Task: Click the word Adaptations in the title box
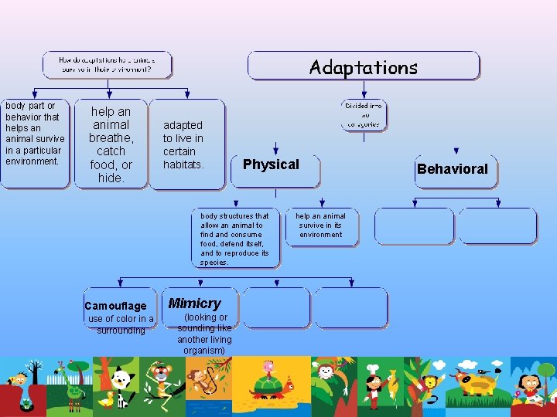[363, 67]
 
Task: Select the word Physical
[271, 164]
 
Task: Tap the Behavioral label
[453, 169]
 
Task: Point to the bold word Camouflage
[115, 306]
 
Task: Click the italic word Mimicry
[194, 303]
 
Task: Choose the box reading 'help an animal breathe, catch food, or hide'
[111, 144]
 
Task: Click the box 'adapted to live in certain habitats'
[184, 145]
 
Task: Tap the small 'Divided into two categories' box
[364, 114]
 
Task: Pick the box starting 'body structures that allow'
[235, 238]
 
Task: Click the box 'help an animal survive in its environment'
[321, 225]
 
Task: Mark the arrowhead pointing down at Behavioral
[456, 151]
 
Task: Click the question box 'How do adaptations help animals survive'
[106, 64]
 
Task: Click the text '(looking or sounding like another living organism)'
[204, 334]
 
